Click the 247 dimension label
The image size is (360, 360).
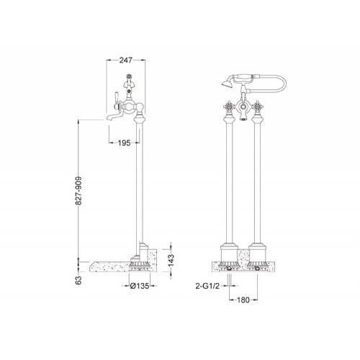[126, 60]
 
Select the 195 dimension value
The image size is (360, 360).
[125, 143]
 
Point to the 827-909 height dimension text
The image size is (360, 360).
[78, 191]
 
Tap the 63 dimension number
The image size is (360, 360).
[78, 280]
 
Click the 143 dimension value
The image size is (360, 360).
[171, 260]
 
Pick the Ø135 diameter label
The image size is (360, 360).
[140, 286]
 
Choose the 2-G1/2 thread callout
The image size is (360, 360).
[208, 286]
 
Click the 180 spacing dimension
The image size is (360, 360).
[243, 300]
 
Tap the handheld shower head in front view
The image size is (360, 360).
[227, 84]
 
